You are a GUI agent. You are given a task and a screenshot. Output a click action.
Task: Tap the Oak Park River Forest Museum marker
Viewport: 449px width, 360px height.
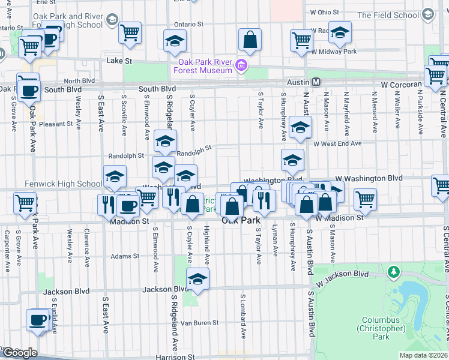tap(242, 65)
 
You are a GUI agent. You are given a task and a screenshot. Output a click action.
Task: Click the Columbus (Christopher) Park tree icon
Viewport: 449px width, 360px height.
tap(394, 272)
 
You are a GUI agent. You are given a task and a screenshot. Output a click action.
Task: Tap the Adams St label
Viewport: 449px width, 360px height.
tap(125, 256)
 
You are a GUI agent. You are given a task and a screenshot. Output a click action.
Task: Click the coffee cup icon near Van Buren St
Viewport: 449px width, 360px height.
tap(37, 319)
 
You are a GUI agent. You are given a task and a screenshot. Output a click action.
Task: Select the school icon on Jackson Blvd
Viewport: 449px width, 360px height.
tap(197, 278)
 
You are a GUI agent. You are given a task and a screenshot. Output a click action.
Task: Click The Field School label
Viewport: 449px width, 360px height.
tap(396, 15)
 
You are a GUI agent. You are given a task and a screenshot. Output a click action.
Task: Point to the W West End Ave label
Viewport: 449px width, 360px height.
tap(337, 143)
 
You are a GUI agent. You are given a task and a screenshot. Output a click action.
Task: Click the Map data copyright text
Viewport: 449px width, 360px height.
tap(424, 355)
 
